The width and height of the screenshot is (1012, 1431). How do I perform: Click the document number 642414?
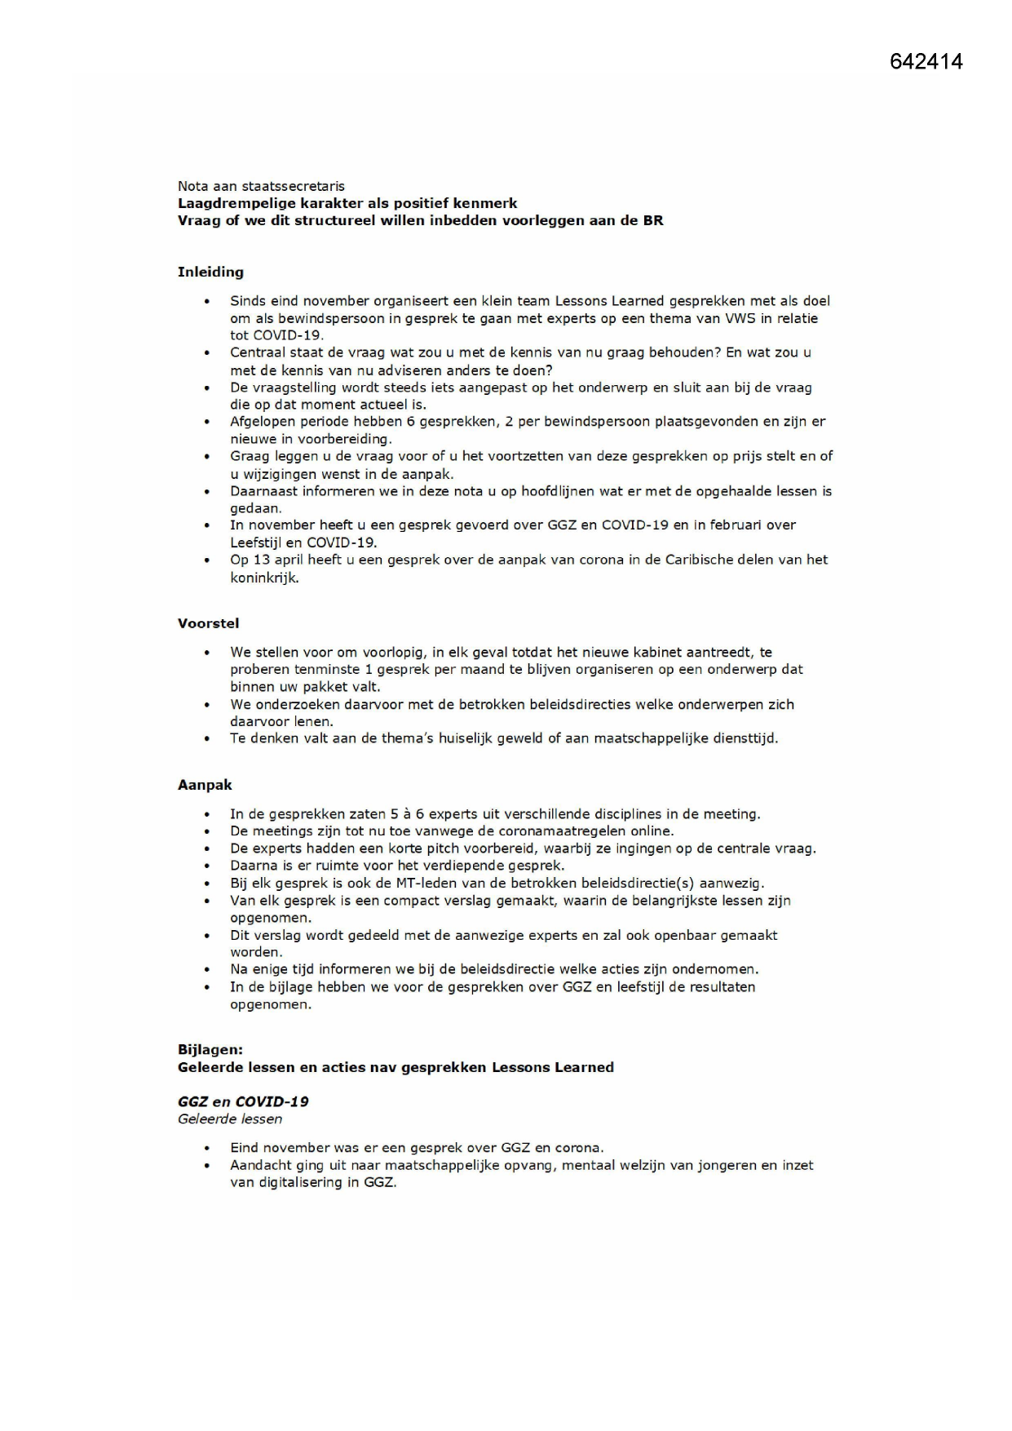pos(926,62)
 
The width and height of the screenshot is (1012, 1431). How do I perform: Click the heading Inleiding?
pos(210,272)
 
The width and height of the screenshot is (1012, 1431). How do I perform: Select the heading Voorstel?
pos(208,623)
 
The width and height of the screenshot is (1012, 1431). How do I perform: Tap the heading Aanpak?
pos(205,785)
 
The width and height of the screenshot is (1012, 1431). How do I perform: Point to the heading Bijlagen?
pos(210,1050)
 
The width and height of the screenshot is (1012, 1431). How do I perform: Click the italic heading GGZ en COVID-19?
pos(243,1101)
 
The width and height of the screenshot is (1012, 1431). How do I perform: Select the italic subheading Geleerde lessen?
pos(230,1119)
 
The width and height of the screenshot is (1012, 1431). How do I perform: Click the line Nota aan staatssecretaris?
pos(261,186)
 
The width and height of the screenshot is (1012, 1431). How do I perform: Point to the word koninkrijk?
pos(264,578)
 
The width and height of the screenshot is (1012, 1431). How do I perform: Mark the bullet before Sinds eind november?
pos(207,302)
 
